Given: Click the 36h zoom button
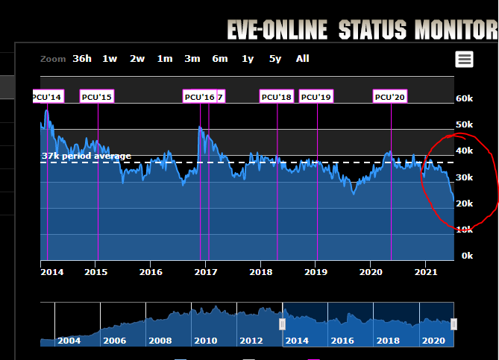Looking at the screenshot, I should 82,59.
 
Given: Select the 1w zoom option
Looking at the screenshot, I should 110,59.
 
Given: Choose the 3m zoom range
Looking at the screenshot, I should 192,59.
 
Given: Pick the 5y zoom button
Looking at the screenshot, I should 275,59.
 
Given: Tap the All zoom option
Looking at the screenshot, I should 302,59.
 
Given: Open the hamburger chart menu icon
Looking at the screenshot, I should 465,60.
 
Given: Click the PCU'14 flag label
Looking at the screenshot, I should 48,97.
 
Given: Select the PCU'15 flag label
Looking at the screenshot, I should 96,97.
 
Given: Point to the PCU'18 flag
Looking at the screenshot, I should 276,97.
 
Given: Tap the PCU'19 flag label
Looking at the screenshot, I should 316,97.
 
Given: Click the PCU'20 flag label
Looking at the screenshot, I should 390,97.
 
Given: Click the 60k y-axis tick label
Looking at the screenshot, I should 464,98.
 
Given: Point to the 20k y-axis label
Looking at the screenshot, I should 464,203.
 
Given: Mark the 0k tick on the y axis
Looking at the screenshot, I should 467,256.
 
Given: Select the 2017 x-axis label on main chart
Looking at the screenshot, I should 206,272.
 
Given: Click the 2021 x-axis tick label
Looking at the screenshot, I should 425,272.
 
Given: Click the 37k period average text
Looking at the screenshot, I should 87,156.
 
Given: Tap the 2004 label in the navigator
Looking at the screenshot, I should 69,341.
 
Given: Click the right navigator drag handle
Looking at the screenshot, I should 454,324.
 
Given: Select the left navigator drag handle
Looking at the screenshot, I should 283,324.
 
